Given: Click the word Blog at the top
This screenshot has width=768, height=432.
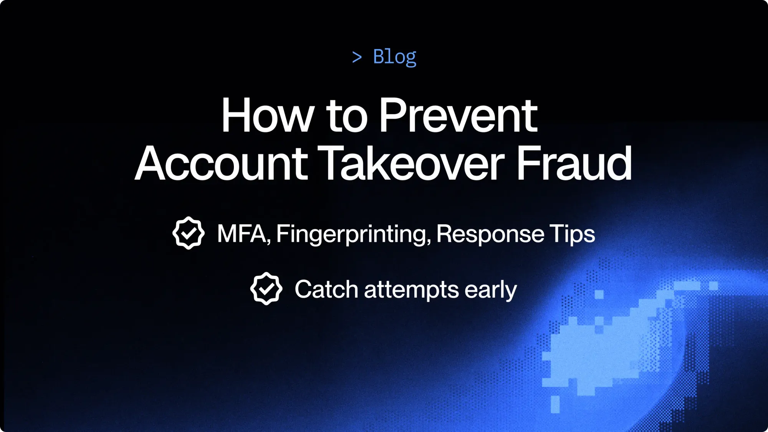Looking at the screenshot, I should [x=394, y=57].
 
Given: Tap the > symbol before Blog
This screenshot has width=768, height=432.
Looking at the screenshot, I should [x=357, y=58].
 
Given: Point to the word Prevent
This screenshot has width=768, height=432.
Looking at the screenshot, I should [x=458, y=115].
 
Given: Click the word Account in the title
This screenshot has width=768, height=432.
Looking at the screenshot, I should [x=222, y=163].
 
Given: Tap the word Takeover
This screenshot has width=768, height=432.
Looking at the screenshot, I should [x=411, y=163].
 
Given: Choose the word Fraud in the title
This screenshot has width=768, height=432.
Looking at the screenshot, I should [x=574, y=163].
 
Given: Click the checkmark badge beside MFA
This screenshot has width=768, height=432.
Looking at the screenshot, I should [x=189, y=233].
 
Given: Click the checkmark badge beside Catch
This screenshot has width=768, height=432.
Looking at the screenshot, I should [x=266, y=289].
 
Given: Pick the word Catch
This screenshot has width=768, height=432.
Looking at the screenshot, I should [x=326, y=289].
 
